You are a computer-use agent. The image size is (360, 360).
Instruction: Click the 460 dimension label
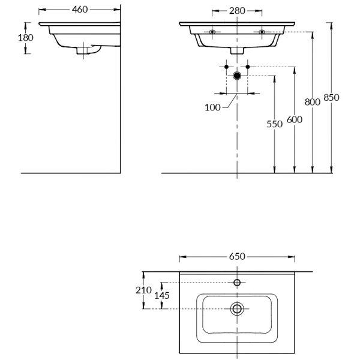click(78, 10)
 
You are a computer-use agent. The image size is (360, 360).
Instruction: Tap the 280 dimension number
click(237, 10)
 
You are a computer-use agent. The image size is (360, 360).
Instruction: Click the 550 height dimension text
click(274, 124)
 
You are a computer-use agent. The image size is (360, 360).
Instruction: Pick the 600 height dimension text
click(294, 119)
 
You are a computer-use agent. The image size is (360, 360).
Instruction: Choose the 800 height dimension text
click(313, 102)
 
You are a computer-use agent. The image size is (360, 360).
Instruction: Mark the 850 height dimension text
click(331, 97)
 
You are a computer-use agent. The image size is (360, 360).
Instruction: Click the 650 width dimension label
click(237, 256)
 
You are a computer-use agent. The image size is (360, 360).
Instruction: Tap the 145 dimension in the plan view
click(162, 296)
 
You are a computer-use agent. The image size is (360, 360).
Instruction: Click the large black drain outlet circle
click(237, 76)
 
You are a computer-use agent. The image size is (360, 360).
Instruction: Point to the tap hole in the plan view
click(237, 282)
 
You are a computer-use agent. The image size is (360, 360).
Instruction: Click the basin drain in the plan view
click(237, 309)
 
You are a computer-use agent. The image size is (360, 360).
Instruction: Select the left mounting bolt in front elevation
click(212, 31)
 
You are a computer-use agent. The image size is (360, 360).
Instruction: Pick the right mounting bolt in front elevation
click(262, 31)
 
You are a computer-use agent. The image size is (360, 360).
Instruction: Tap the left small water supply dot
click(226, 67)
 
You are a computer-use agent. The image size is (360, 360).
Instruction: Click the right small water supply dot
click(247, 67)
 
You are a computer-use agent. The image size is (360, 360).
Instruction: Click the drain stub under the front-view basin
click(237, 52)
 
